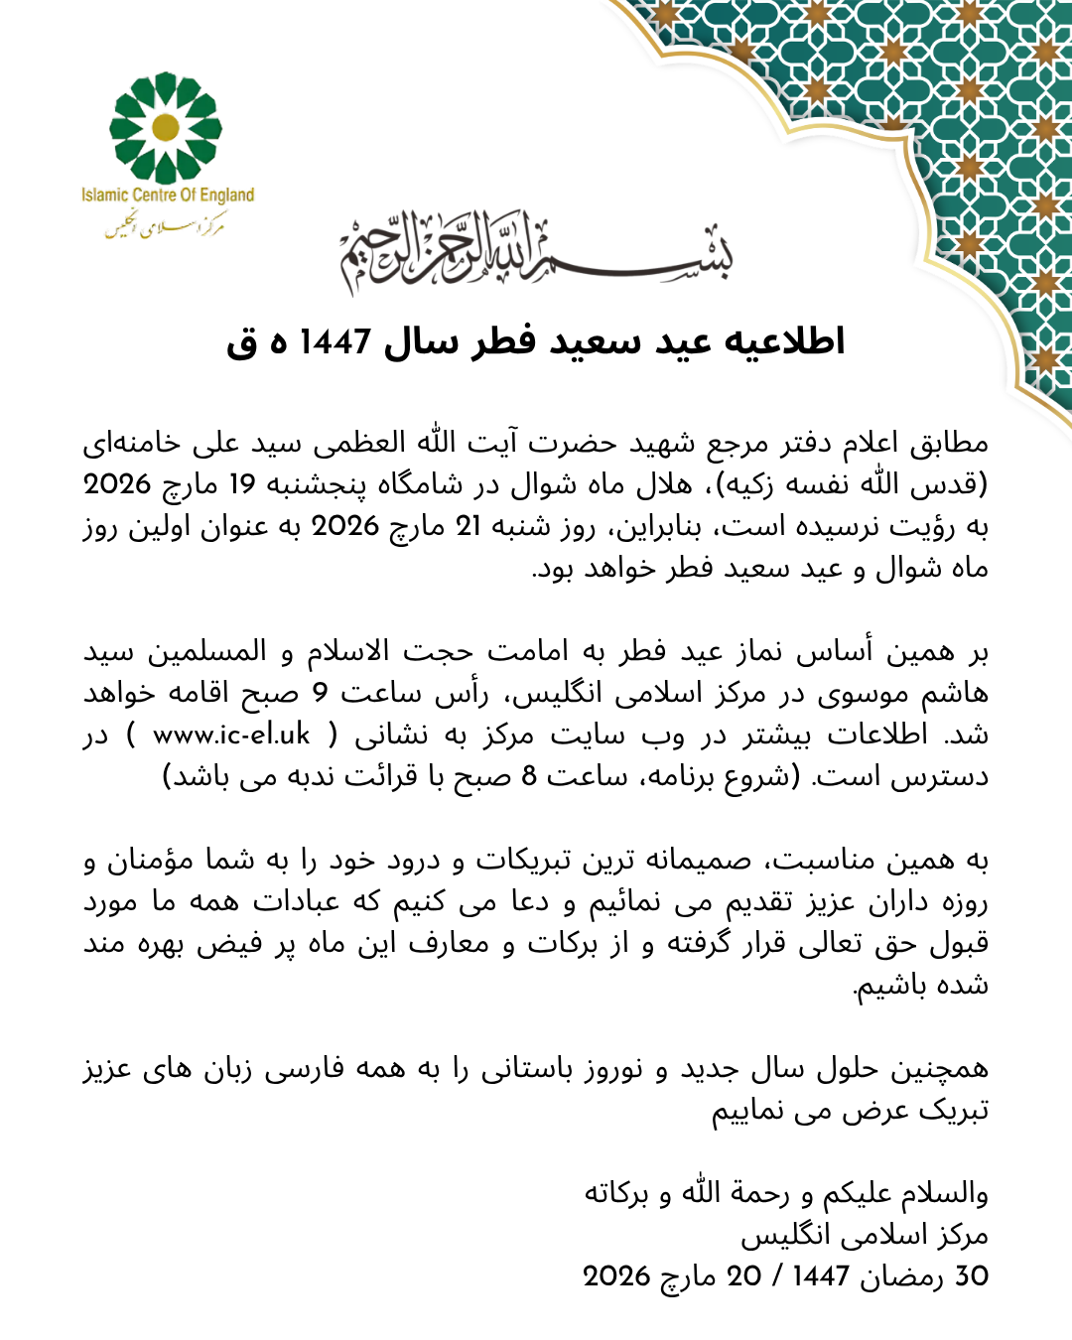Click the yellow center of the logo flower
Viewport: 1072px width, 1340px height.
click(x=166, y=127)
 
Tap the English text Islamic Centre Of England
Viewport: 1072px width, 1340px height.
click(x=168, y=196)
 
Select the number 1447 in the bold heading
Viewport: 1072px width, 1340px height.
click(x=335, y=342)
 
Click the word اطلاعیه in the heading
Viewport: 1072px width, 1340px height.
click(x=785, y=341)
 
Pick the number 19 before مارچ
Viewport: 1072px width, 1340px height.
click(x=243, y=484)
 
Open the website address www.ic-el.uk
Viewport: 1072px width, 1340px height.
click(x=231, y=735)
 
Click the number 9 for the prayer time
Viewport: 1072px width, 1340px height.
click(x=320, y=693)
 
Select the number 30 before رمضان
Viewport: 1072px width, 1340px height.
click(x=972, y=1276)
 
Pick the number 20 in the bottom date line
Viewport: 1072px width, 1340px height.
click(x=743, y=1276)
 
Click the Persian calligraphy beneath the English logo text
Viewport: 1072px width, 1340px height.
click(x=166, y=227)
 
